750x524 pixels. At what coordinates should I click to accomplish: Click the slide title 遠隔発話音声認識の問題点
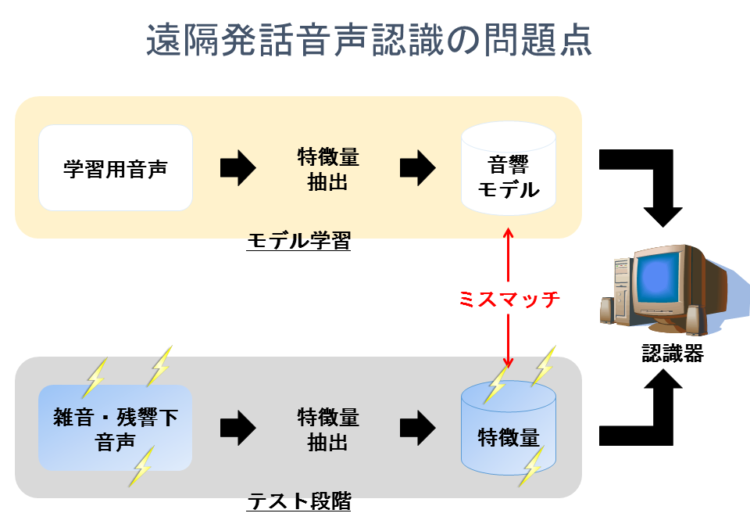[369, 41]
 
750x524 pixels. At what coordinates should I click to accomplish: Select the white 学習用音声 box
[116, 168]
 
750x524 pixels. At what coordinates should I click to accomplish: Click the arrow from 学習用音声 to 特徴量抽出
[237, 168]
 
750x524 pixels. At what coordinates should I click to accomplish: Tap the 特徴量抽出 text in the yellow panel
[328, 169]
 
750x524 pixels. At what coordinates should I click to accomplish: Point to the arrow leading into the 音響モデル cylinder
[418, 168]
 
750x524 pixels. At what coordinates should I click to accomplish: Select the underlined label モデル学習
[298, 242]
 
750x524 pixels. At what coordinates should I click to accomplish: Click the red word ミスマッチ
[509, 300]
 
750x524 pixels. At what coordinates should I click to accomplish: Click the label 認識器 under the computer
[673, 354]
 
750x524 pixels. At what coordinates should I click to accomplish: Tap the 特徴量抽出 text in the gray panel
[328, 429]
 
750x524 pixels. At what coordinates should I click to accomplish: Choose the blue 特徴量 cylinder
[509, 434]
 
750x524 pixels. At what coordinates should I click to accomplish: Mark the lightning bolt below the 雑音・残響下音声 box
[142, 467]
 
